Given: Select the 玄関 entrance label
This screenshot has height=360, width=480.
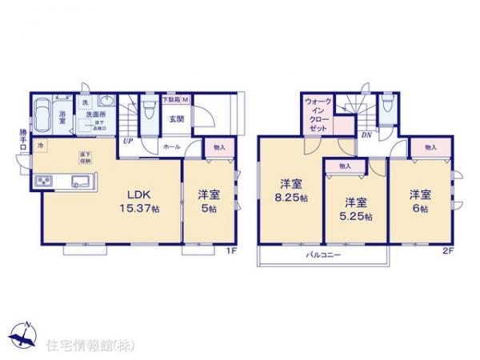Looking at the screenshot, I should pyautogui.click(x=176, y=120).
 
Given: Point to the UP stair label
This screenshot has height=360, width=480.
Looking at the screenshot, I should pyautogui.click(x=127, y=142).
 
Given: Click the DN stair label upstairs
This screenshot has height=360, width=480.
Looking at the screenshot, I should pyautogui.click(x=365, y=136).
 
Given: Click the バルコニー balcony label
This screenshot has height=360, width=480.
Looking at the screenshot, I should pyautogui.click(x=322, y=256).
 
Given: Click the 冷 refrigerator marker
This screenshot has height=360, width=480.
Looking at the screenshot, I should pyautogui.click(x=41, y=146).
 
